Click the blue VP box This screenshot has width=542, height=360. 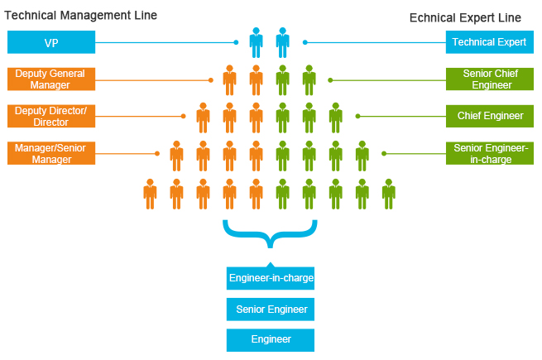tap(51, 42)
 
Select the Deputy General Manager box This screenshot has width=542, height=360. tap(51, 79)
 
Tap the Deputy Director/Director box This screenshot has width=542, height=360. tap(51, 116)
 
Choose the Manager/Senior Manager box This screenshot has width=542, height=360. tap(51, 153)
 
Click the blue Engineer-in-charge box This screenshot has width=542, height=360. tap(271, 278)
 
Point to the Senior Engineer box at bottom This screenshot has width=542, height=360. tap(271, 310)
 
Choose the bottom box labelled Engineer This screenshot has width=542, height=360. tap(271, 339)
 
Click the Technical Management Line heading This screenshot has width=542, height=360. tap(81, 16)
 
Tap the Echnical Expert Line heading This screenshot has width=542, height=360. tap(465, 18)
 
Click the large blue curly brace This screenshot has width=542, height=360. tap(270, 236)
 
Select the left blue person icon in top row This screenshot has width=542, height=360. tap(256, 42)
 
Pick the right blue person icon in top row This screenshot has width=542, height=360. tap(282, 42)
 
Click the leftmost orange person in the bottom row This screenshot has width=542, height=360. tap(150, 194)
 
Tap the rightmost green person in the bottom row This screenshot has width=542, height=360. tap(388, 194)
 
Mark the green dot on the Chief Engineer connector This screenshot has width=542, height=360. tap(357, 117)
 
